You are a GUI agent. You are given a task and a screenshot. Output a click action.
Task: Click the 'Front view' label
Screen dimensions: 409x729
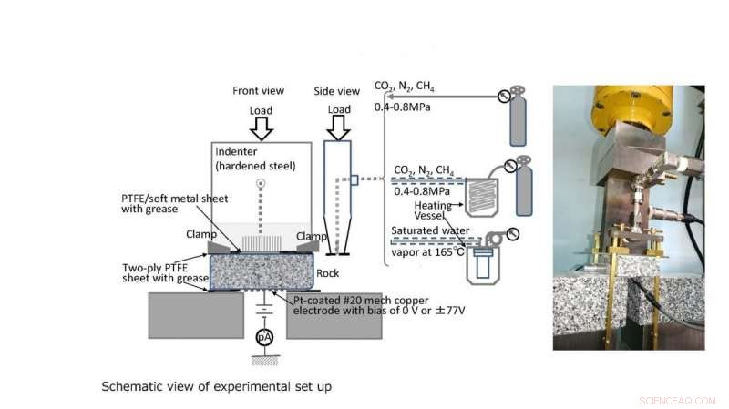(259, 91)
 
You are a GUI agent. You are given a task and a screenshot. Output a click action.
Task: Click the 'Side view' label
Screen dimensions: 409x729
(337, 91)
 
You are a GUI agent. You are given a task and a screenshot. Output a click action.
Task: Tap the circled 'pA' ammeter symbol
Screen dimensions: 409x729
(263, 336)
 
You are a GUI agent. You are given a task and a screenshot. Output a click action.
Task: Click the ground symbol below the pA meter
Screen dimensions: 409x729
(263, 357)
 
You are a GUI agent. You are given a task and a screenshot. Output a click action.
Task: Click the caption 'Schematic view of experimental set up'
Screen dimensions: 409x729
(216, 386)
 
